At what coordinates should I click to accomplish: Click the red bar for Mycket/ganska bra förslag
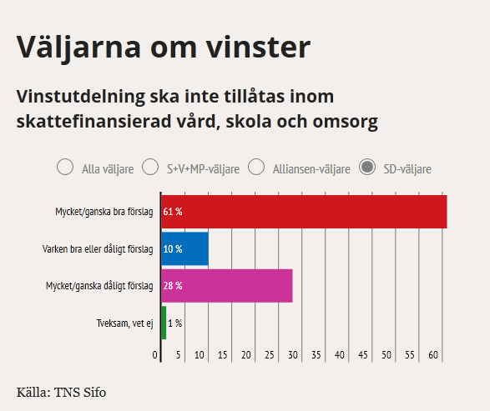[304, 212]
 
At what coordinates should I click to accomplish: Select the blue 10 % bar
[185, 248]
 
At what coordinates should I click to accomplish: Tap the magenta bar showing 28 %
[227, 286]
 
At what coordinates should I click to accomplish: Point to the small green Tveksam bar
[164, 323]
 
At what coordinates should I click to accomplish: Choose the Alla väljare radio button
[65, 167]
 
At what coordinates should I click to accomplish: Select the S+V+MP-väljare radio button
[150, 167]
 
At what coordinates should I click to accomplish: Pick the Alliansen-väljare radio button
[256, 167]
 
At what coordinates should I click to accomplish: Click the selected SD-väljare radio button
[367, 167]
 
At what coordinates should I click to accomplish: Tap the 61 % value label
[173, 212]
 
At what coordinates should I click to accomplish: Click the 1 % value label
[175, 323]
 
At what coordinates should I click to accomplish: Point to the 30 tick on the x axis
[293, 355]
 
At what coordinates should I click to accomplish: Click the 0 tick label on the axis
[155, 355]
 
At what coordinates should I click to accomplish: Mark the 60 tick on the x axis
[433, 355]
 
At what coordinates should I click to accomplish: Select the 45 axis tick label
[363, 355]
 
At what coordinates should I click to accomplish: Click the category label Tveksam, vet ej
[124, 323]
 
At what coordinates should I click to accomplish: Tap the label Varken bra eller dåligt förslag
[98, 249]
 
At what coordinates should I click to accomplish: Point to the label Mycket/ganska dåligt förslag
[99, 286]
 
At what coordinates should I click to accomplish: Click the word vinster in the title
[258, 48]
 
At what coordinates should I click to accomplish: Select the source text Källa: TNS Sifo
[61, 393]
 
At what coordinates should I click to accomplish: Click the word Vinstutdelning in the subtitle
[81, 97]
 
